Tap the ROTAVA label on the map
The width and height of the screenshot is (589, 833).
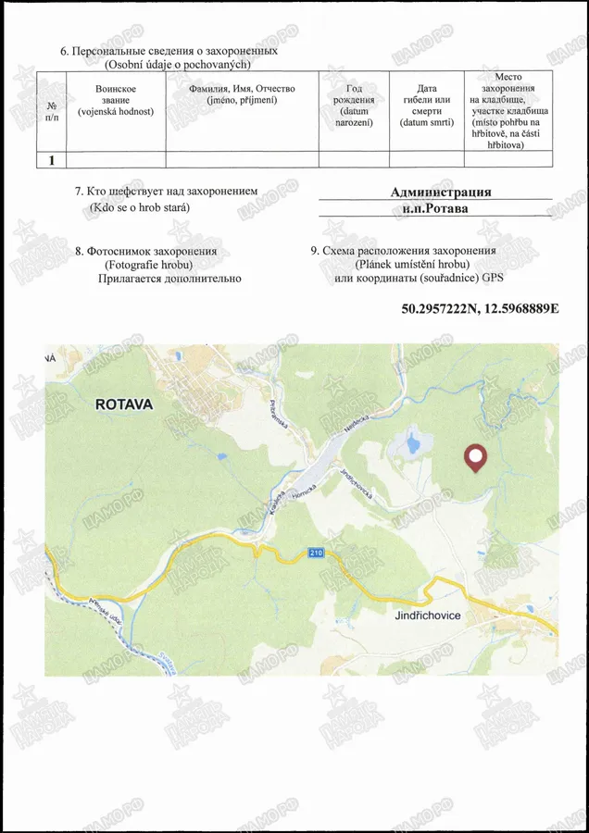124,404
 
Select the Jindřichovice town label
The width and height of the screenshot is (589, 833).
427,615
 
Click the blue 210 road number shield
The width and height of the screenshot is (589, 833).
317,553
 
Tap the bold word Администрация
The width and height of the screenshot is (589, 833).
441,193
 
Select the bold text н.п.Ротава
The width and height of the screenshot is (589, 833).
435,208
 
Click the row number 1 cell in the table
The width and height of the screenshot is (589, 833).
52,160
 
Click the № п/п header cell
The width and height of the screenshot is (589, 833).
52,110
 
